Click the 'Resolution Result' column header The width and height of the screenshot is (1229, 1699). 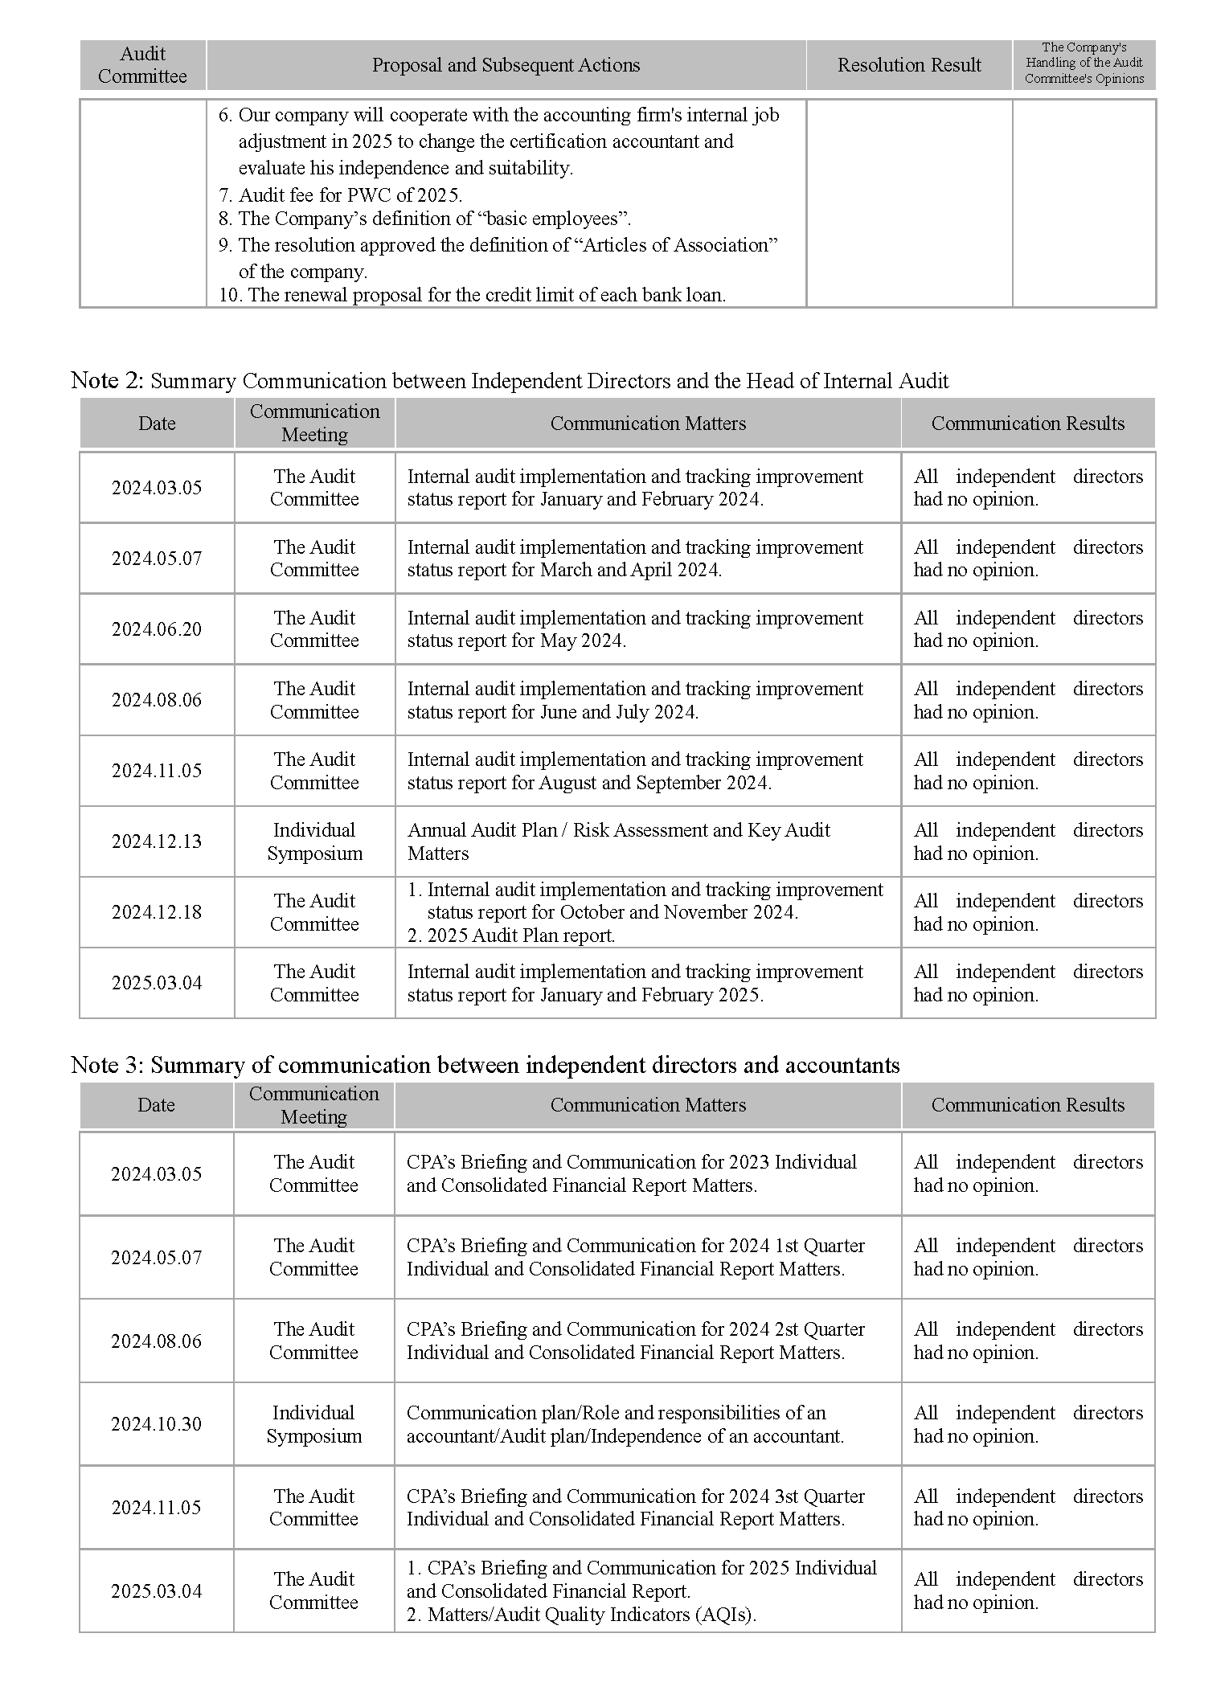(908, 65)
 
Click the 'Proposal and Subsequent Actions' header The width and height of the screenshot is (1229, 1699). (506, 65)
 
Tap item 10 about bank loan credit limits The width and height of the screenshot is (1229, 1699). (472, 295)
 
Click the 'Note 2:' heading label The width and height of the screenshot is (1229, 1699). (107, 380)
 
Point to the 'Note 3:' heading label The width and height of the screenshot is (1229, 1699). (107, 1065)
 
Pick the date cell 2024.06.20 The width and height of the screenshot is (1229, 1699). (157, 629)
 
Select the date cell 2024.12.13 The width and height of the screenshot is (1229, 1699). (157, 841)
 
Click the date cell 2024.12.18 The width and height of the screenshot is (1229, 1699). (157, 912)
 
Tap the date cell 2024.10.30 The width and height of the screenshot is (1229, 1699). (156, 1424)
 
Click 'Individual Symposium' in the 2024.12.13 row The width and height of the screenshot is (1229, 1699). (314, 841)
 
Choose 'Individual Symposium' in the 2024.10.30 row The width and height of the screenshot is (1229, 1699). (313, 1424)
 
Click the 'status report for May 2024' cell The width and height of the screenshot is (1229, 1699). (634, 629)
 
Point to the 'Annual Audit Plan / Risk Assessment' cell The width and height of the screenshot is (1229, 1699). (618, 841)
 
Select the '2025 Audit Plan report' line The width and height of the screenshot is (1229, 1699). (511, 935)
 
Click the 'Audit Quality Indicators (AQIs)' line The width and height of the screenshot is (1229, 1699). (581, 1615)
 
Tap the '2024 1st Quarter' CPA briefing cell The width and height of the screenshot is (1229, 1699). (635, 1257)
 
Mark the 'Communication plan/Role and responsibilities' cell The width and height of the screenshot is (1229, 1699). (625, 1424)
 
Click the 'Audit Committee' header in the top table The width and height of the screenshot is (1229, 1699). (142, 65)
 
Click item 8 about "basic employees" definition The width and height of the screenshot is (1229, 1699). (424, 219)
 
